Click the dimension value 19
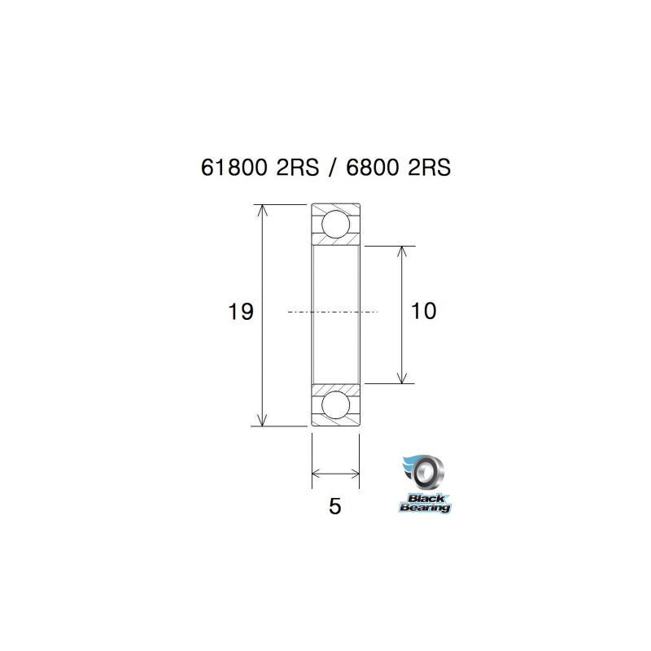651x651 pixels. click(242, 312)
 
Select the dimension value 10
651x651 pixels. click(424, 312)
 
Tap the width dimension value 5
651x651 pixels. click(334, 506)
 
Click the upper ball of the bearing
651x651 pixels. click(335, 224)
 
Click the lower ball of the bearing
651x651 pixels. click(335, 404)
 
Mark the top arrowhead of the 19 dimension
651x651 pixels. click(261, 211)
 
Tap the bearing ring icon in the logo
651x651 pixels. click(426, 471)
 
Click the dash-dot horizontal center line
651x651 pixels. click(334, 312)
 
